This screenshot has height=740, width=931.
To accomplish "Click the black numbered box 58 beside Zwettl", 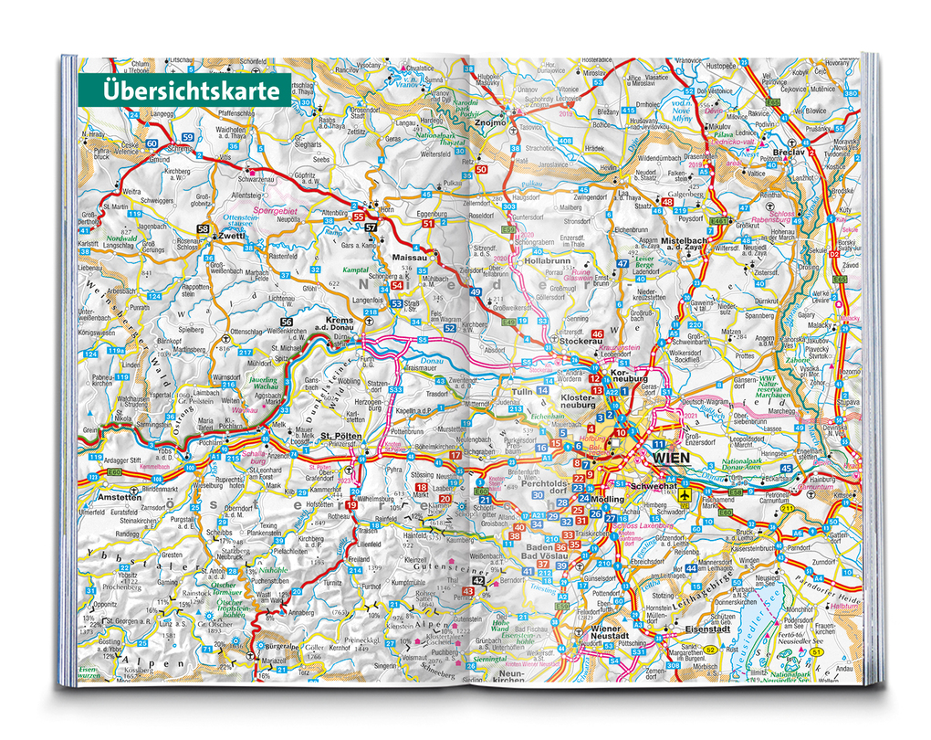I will tap(203, 228).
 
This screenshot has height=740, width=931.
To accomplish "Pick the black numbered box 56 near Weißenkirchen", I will tap(287, 322).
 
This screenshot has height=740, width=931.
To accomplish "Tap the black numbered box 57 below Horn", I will tap(370, 227).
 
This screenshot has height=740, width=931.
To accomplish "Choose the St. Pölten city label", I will tap(342, 436).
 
